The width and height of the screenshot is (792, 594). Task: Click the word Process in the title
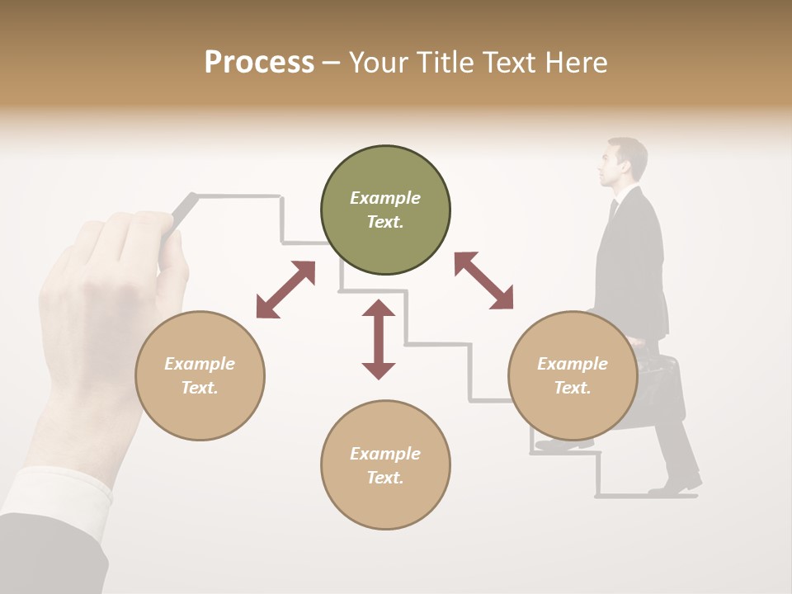pos(259,63)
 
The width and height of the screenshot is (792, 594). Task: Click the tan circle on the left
pos(200,375)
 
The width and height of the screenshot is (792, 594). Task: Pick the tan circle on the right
pos(573,375)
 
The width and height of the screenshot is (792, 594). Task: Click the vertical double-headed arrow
pos(379,339)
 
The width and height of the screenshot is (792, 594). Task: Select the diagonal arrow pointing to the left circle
pos(285,290)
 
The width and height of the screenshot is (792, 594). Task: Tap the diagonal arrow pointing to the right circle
pos(484,280)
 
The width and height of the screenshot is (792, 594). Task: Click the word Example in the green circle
pos(385,198)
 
